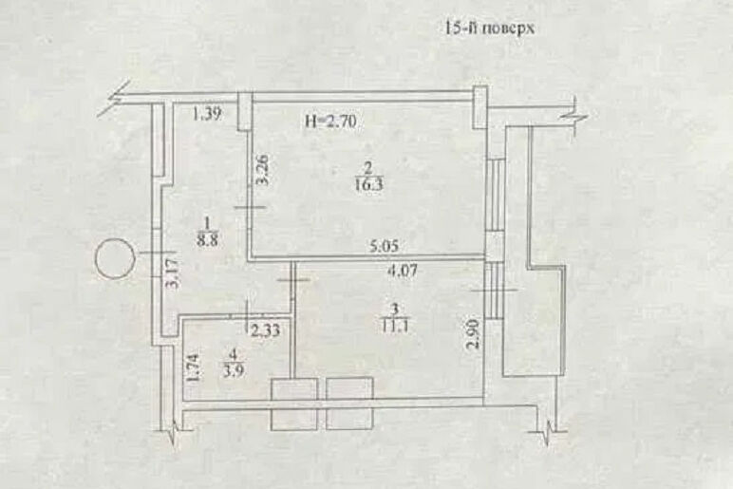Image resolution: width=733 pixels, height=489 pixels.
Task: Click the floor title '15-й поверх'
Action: pos(489,28)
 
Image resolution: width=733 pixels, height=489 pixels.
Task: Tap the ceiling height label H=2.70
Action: pos(330,122)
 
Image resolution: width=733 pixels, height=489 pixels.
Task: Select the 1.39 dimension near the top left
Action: pos(207,114)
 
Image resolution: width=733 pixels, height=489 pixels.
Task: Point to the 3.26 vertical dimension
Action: pos(263,170)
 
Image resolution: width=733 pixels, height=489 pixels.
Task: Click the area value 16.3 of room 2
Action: pos(368,183)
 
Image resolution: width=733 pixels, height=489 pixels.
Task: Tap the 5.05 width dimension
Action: pos(385,246)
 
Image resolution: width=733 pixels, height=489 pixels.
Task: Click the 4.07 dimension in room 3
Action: pos(402,272)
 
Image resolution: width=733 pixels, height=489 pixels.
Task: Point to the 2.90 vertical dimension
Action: pos(474,334)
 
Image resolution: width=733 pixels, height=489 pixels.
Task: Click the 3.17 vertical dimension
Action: pos(173,273)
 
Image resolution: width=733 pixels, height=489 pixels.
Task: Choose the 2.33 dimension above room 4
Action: pos(266,330)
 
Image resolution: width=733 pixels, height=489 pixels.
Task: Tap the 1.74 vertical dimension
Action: pos(194,367)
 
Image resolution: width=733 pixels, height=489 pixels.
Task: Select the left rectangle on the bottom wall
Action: pos(294,404)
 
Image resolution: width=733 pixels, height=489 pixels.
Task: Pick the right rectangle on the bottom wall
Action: pos(349,404)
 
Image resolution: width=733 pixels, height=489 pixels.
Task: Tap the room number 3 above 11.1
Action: pos(396,309)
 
